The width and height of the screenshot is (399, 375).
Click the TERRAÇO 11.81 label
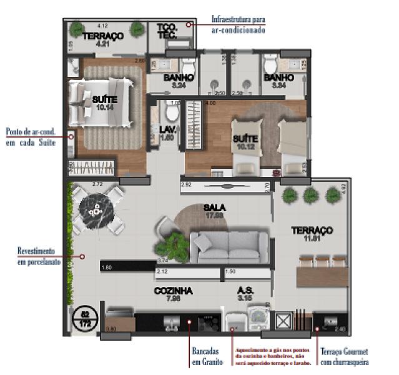point(312,234)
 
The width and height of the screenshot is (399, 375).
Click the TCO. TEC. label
point(167,32)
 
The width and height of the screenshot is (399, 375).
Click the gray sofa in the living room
point(229,246)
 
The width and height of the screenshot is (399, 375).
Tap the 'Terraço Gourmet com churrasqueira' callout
point(342,357)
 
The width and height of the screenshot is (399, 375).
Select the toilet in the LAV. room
point(172,114)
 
